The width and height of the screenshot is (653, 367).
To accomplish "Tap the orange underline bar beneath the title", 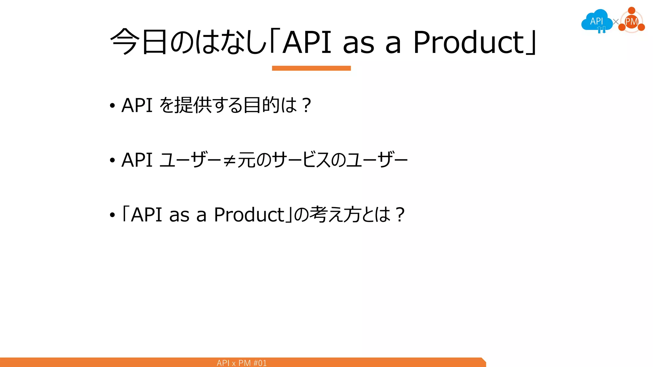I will click(x=311, y=68).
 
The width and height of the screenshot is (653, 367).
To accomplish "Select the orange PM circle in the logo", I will click(x=631, y=22).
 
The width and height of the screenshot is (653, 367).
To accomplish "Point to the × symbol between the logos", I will click(x=616, y=22).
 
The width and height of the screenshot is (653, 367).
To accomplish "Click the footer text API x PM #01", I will click(x=242, y=363).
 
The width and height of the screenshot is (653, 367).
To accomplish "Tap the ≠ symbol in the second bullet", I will click(x=230, y=160).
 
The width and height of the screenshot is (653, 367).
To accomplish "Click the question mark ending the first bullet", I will click(x=306, y=105).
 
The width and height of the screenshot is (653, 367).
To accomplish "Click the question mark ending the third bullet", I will click(x=400, y=215).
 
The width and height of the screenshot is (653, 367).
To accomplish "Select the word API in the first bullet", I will click(x=137, y=105).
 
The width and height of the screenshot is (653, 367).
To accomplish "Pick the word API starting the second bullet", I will click(x=137, y=160).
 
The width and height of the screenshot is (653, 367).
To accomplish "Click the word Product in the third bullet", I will click(x=249, y=215).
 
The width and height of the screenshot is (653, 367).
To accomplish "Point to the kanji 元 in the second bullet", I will click(x=246, y=160).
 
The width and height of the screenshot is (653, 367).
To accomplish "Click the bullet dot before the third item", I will click(x=112, y=215).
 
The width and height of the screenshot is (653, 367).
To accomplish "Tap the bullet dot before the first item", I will click(x=112, y=106).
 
